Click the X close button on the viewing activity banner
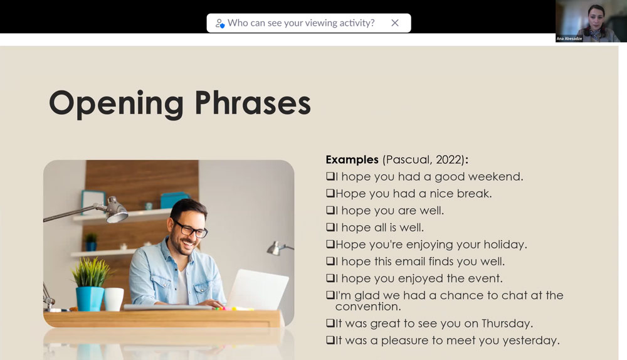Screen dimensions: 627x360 [x=394, y=23]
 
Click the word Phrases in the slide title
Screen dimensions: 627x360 [x=253, y=103]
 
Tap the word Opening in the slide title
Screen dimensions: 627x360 [x=117, y=104]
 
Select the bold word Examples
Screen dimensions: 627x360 [x=352, y=159]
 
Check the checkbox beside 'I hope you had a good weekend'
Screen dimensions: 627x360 [x=330, y=176]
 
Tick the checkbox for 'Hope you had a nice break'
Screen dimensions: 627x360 [x=330, y=193]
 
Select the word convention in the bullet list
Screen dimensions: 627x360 [x=368, y=307]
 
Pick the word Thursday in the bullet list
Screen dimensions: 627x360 [x=507, y=323]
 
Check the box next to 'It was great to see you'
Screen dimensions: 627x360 [x=330, y=323]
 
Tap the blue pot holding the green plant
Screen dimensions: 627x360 [x=90, y=299]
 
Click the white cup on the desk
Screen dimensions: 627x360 [x=114, y=299]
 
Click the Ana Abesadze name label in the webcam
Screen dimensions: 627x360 [x=569, y=39]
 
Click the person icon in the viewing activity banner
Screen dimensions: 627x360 [x=220, y=23]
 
